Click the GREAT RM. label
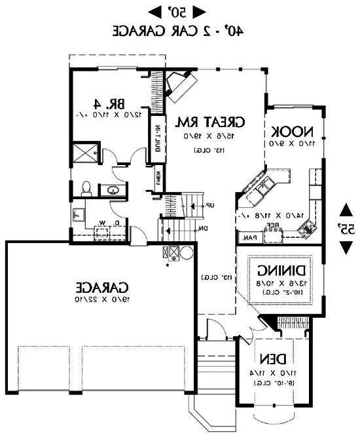211,122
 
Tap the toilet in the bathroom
85,189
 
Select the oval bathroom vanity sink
113,191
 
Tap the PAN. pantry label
249,238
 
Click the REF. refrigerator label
272,223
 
